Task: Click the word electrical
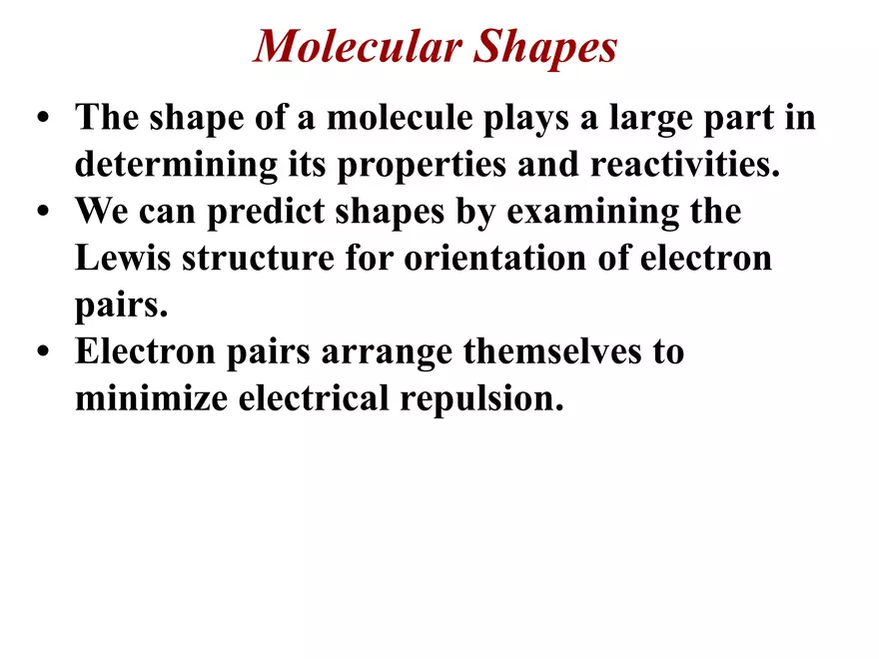[318, 399]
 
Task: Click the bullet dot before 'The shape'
[42, 120]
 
